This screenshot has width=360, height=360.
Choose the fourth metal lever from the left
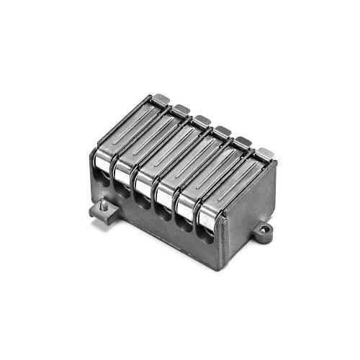click(189, 168)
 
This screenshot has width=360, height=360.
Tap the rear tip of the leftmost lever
click(161, 98)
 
